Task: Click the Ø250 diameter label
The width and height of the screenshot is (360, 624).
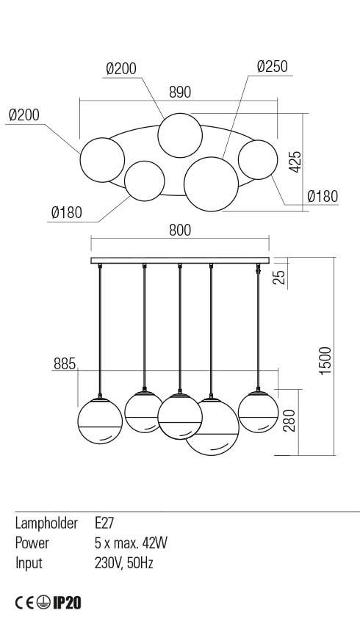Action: pyautogui.click(x=273, y=67)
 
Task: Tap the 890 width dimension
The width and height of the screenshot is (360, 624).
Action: pyautogui.click(x=180, y=92)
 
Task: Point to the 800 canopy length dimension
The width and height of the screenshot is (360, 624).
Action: pyautogui.click(x=180, y=230)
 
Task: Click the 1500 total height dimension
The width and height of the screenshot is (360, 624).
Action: pyautogui.click(x=325, y=360)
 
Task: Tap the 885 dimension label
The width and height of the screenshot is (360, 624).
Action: pyautogui.click(x=64, y=363)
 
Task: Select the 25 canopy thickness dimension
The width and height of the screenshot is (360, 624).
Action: pyautogui.click(x=281, y=277)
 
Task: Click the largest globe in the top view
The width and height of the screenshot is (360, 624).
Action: pyautogui.click(x=211, y=184)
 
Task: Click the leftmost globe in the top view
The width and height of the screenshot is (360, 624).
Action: pyautogui.click(x=102, y=160)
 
